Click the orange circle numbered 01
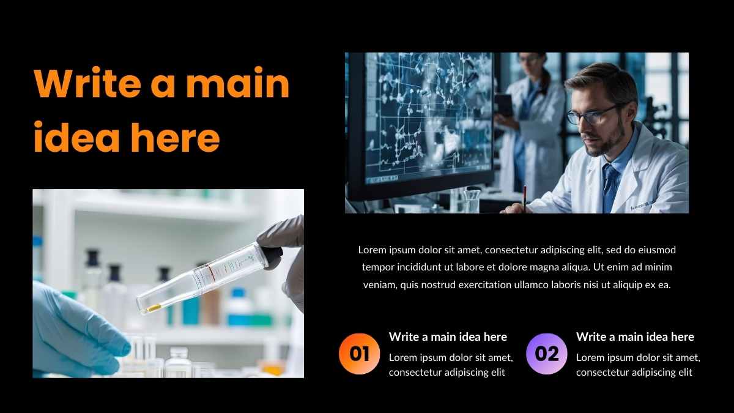coord(360,354)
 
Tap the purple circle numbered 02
coord(547,354)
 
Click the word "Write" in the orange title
coord(87,82)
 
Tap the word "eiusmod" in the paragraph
coord(657,250)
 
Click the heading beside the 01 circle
coord(448,337)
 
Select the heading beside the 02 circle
coord(635,337)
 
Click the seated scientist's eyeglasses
coord(593,115)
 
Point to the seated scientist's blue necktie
coord(610,187)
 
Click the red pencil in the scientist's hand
coord(525,198)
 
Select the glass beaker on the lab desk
coord(472,201)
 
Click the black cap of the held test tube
coord(273,258)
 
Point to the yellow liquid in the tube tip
coord(154,308)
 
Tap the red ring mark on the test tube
coord(210,273)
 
